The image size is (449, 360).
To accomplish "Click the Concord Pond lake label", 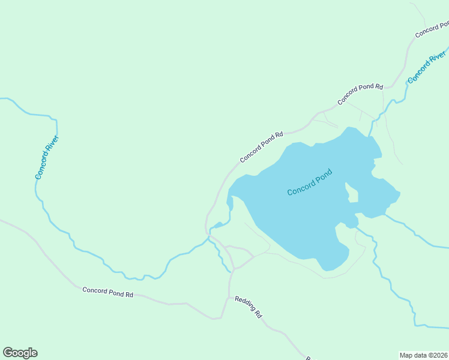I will point(309,182).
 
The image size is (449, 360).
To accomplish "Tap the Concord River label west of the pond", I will point(47,157).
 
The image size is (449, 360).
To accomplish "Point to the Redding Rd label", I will point(249,307).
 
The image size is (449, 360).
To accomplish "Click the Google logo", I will point(20,353).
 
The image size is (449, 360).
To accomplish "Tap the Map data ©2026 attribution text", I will point(423,355).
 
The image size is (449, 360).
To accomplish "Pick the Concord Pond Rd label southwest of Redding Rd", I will point(108,292).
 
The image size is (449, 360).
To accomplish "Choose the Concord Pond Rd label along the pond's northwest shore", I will point(261,148).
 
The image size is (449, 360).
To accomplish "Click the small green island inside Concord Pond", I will point(353,195).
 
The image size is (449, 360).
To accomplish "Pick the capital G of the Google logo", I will point(8,353).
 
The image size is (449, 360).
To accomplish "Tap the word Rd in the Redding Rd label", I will point(258,313).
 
